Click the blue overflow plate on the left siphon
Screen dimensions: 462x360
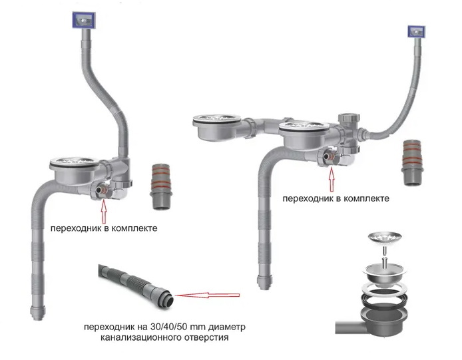pyautogui.click(x=84, y=20)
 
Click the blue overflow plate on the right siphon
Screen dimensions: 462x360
pyautogui.click(x=416, y=31)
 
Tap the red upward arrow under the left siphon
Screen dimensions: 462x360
pyautogui.click(x=103, y=211)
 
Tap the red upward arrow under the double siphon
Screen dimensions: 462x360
pyautogui.click(x=332, y=179)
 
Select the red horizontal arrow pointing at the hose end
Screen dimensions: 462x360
pyautogui.click(x=208, y=295)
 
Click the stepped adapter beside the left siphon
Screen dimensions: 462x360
pyautogui.click(x=160, y=186)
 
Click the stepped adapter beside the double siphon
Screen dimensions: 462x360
pyautogui.click(x=412, y=162)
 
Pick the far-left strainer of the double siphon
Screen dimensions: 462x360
pyautogui.click(x=217, y=120)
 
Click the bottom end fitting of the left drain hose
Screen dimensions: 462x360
pyautogui.click(x=38, y=312)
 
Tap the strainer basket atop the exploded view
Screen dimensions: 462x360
pyautogui.click(x=385, y=237)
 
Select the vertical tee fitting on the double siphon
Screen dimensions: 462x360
pyautogui.click(x=349, y=133)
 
